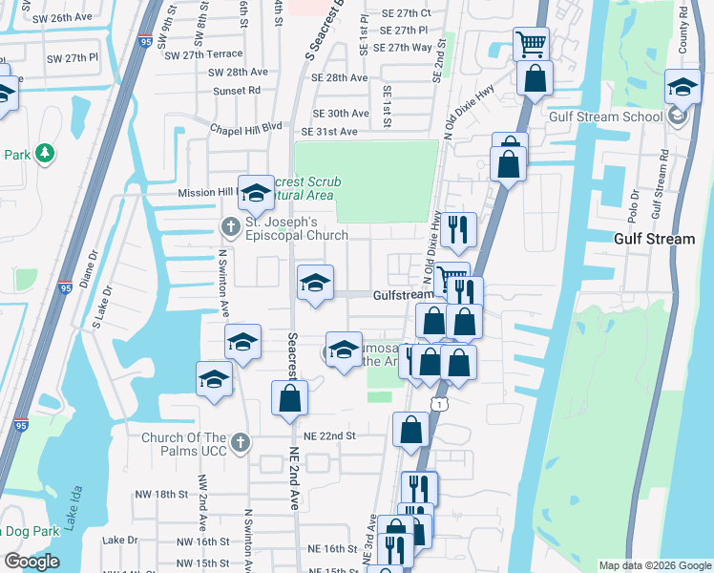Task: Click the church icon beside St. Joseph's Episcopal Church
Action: click(x=230, y=227)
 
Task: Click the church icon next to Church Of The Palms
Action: click(x=241, y=443)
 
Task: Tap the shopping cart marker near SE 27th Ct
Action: click(x=531, y=43)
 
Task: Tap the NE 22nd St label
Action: click(x=329, y=435)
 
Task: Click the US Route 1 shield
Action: click(x=437, y=406)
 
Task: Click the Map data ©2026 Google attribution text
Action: click(x=654, y=565)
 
